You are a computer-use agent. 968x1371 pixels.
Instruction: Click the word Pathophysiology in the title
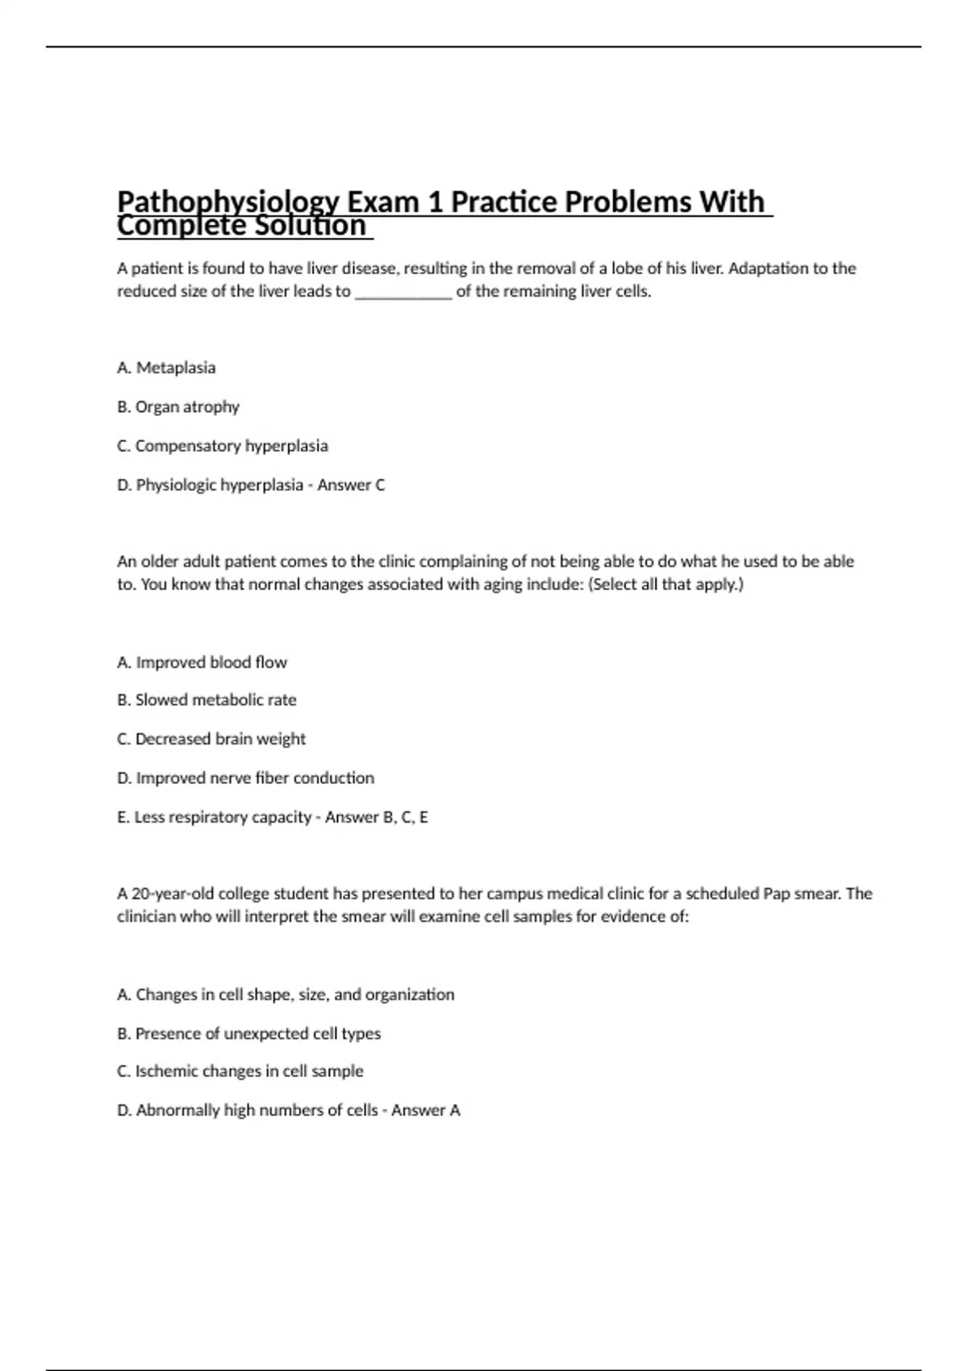227,202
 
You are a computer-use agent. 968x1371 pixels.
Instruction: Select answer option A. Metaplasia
166,368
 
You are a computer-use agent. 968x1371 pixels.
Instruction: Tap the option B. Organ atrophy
178,406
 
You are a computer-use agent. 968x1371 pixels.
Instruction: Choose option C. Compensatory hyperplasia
223,446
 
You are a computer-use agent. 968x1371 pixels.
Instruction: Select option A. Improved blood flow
202,662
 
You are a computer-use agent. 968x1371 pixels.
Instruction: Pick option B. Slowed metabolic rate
207,700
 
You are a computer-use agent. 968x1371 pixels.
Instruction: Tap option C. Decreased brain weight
211,739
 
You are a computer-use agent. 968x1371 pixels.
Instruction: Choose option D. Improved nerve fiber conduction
245,778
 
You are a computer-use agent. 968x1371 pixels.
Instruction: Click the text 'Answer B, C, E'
376,817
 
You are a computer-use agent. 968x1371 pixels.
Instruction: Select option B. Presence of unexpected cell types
248,1033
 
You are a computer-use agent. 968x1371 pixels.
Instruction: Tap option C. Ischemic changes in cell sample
240,1071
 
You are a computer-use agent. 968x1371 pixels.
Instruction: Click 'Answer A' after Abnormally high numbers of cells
426,1111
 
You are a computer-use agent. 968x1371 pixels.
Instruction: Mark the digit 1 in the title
436,202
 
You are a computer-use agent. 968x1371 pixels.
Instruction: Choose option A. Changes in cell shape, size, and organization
286,994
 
